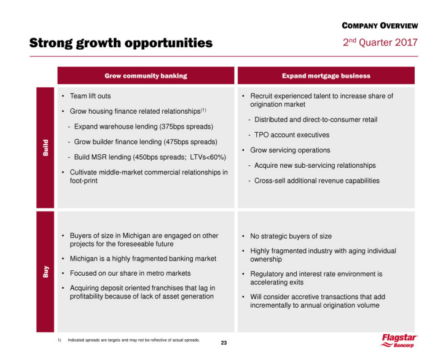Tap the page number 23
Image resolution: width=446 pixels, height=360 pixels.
(224, 343)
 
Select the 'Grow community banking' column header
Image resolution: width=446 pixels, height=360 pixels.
(146, 76)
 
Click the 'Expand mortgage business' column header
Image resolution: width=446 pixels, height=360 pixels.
(326, 76)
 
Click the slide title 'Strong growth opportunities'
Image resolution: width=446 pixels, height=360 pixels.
(120, 43)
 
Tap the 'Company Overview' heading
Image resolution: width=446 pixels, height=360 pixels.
(380, 26)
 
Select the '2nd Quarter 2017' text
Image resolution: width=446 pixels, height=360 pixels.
(380, 42)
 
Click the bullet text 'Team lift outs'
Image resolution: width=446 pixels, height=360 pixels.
(90, 96)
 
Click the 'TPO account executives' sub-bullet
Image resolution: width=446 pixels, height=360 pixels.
(292, 135)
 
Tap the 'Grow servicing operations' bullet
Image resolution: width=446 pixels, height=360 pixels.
(290, 150)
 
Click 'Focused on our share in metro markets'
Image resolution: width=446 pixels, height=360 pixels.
(130, 273)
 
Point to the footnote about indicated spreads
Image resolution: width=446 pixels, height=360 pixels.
(133, 339)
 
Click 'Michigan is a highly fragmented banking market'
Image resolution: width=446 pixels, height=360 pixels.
(143, 258)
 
